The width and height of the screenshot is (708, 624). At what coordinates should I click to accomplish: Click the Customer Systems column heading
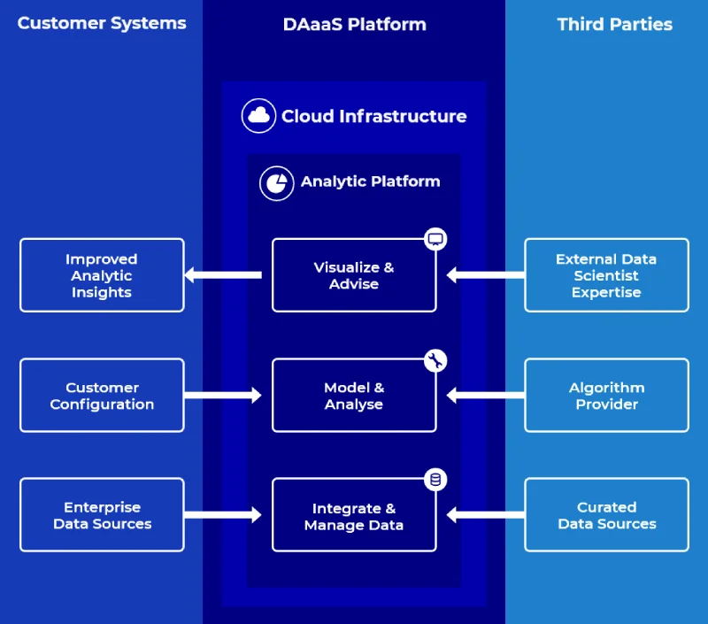tap(102, 24)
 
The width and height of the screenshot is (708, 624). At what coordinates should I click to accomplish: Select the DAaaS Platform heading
tap(354, 25)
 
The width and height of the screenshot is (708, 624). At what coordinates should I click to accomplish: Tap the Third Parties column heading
tap(614, 25)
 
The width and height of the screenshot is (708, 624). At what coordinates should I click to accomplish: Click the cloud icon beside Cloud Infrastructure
tap(259, 116)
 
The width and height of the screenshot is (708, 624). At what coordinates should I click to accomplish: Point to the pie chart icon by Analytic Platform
tap(276, 182)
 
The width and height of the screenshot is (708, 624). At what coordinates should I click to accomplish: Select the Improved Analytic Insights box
tap(102, 275)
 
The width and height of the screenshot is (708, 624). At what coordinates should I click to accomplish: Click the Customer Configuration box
tap(102, 396)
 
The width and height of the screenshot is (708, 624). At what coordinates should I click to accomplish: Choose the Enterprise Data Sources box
tap(102, 515)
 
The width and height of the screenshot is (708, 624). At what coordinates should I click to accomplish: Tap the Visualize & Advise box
tap(354, 275)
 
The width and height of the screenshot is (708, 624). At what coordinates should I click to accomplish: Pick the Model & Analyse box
tap(354, 396)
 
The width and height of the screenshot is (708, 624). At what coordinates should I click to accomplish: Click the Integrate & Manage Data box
tap(354, 516)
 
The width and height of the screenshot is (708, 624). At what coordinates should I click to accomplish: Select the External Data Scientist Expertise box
tap(606, 275)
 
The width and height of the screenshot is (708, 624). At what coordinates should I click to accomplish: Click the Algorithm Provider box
tap(606, 396)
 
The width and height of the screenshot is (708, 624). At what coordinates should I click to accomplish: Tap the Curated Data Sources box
tap(606, 515)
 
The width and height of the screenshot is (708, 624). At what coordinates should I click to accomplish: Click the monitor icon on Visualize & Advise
tap(435, 239)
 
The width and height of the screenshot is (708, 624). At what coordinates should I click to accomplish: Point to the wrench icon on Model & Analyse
tap(435, 360)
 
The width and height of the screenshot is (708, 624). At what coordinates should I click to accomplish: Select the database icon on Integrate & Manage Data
tap(435, 480)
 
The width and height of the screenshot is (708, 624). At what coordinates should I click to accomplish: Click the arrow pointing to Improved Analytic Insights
tap(223, 275)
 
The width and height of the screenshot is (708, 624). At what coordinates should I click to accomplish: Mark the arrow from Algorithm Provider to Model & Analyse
tap(485, 396)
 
